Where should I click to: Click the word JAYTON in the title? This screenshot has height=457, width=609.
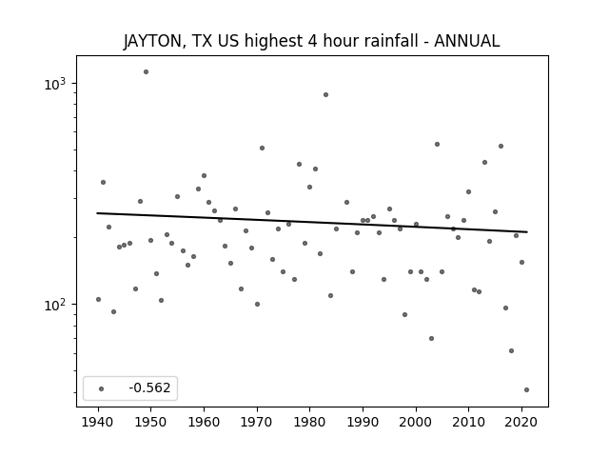coord(152,41)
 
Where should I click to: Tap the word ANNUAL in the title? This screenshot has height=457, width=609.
coord(466,41)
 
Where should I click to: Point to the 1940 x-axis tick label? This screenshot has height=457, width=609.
coord(98,422)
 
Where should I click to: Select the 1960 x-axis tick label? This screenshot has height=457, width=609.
coord(204,422)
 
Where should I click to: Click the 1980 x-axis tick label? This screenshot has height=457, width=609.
coord(309,422)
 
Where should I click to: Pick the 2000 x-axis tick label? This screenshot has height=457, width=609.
coord(416,422)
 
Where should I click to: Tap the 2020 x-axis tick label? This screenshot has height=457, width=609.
coord(521,422)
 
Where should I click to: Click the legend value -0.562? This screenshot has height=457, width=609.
coord(149,387)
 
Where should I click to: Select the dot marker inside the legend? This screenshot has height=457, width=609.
coord(102,388)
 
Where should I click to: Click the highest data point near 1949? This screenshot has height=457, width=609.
coord(146,72)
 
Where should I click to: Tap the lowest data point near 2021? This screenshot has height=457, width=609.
coord(526,389)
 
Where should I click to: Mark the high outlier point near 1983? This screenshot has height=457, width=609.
coord(325,95)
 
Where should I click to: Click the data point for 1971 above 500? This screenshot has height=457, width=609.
coord(263,149)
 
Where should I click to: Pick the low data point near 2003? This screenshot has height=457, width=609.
coord(431,339)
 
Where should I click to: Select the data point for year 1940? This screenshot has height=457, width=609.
coord(98,299)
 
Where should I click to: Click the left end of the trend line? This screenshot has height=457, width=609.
coord(97,213)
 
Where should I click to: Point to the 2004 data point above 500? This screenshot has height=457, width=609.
coord(437,144)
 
